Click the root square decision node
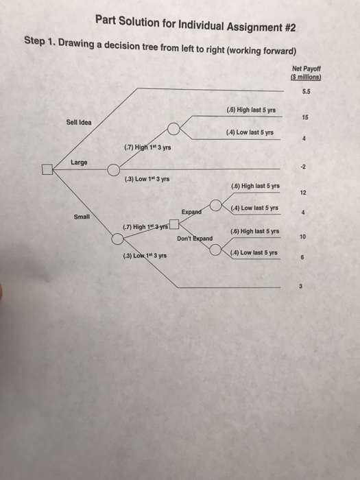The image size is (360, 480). (x=47, y=169)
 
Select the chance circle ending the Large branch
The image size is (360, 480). (x=113, y=169)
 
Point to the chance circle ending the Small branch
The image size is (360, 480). (x=118, y=239)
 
